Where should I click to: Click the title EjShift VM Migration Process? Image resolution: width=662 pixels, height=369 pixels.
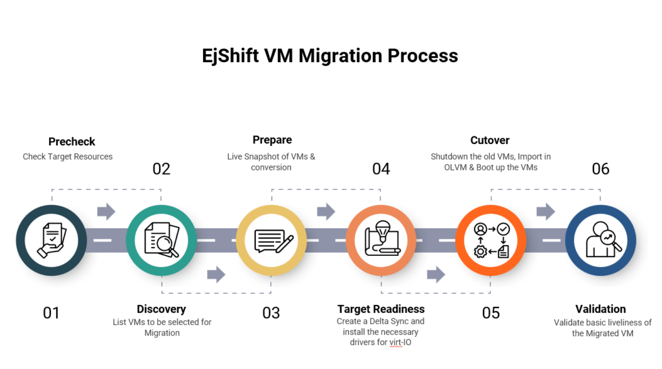(330, 56)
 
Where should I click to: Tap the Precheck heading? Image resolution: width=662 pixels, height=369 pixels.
(72, 142)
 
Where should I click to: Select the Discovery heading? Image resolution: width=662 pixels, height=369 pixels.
(161, 309)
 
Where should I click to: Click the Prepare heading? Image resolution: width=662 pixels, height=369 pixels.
(272, 140)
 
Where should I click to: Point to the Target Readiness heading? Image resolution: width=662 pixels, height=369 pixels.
(381, 309)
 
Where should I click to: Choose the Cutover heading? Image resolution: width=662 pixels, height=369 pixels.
(489, 140)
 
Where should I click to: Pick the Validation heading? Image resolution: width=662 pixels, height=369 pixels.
(601, 309)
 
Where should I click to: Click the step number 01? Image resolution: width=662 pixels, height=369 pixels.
(51, 313)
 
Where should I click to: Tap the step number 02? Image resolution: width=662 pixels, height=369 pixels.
(161, 169)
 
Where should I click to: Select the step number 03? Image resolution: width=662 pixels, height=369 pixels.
(271, 313)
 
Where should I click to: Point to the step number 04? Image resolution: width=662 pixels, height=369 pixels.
(381, 169)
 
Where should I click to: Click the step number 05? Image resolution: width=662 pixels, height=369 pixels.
(491, 313)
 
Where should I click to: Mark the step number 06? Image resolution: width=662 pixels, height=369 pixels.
(601, 169)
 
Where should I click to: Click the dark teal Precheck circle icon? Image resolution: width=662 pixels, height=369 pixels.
(51, 240)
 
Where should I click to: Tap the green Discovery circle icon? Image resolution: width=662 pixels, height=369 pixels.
(161, 240)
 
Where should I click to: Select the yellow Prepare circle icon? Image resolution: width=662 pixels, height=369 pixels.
(272, 240)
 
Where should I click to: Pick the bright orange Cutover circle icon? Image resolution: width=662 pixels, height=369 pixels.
(491, 240)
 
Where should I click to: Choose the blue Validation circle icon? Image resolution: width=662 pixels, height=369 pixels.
(601, 240)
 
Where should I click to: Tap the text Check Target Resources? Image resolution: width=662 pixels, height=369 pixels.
(67, 156)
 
